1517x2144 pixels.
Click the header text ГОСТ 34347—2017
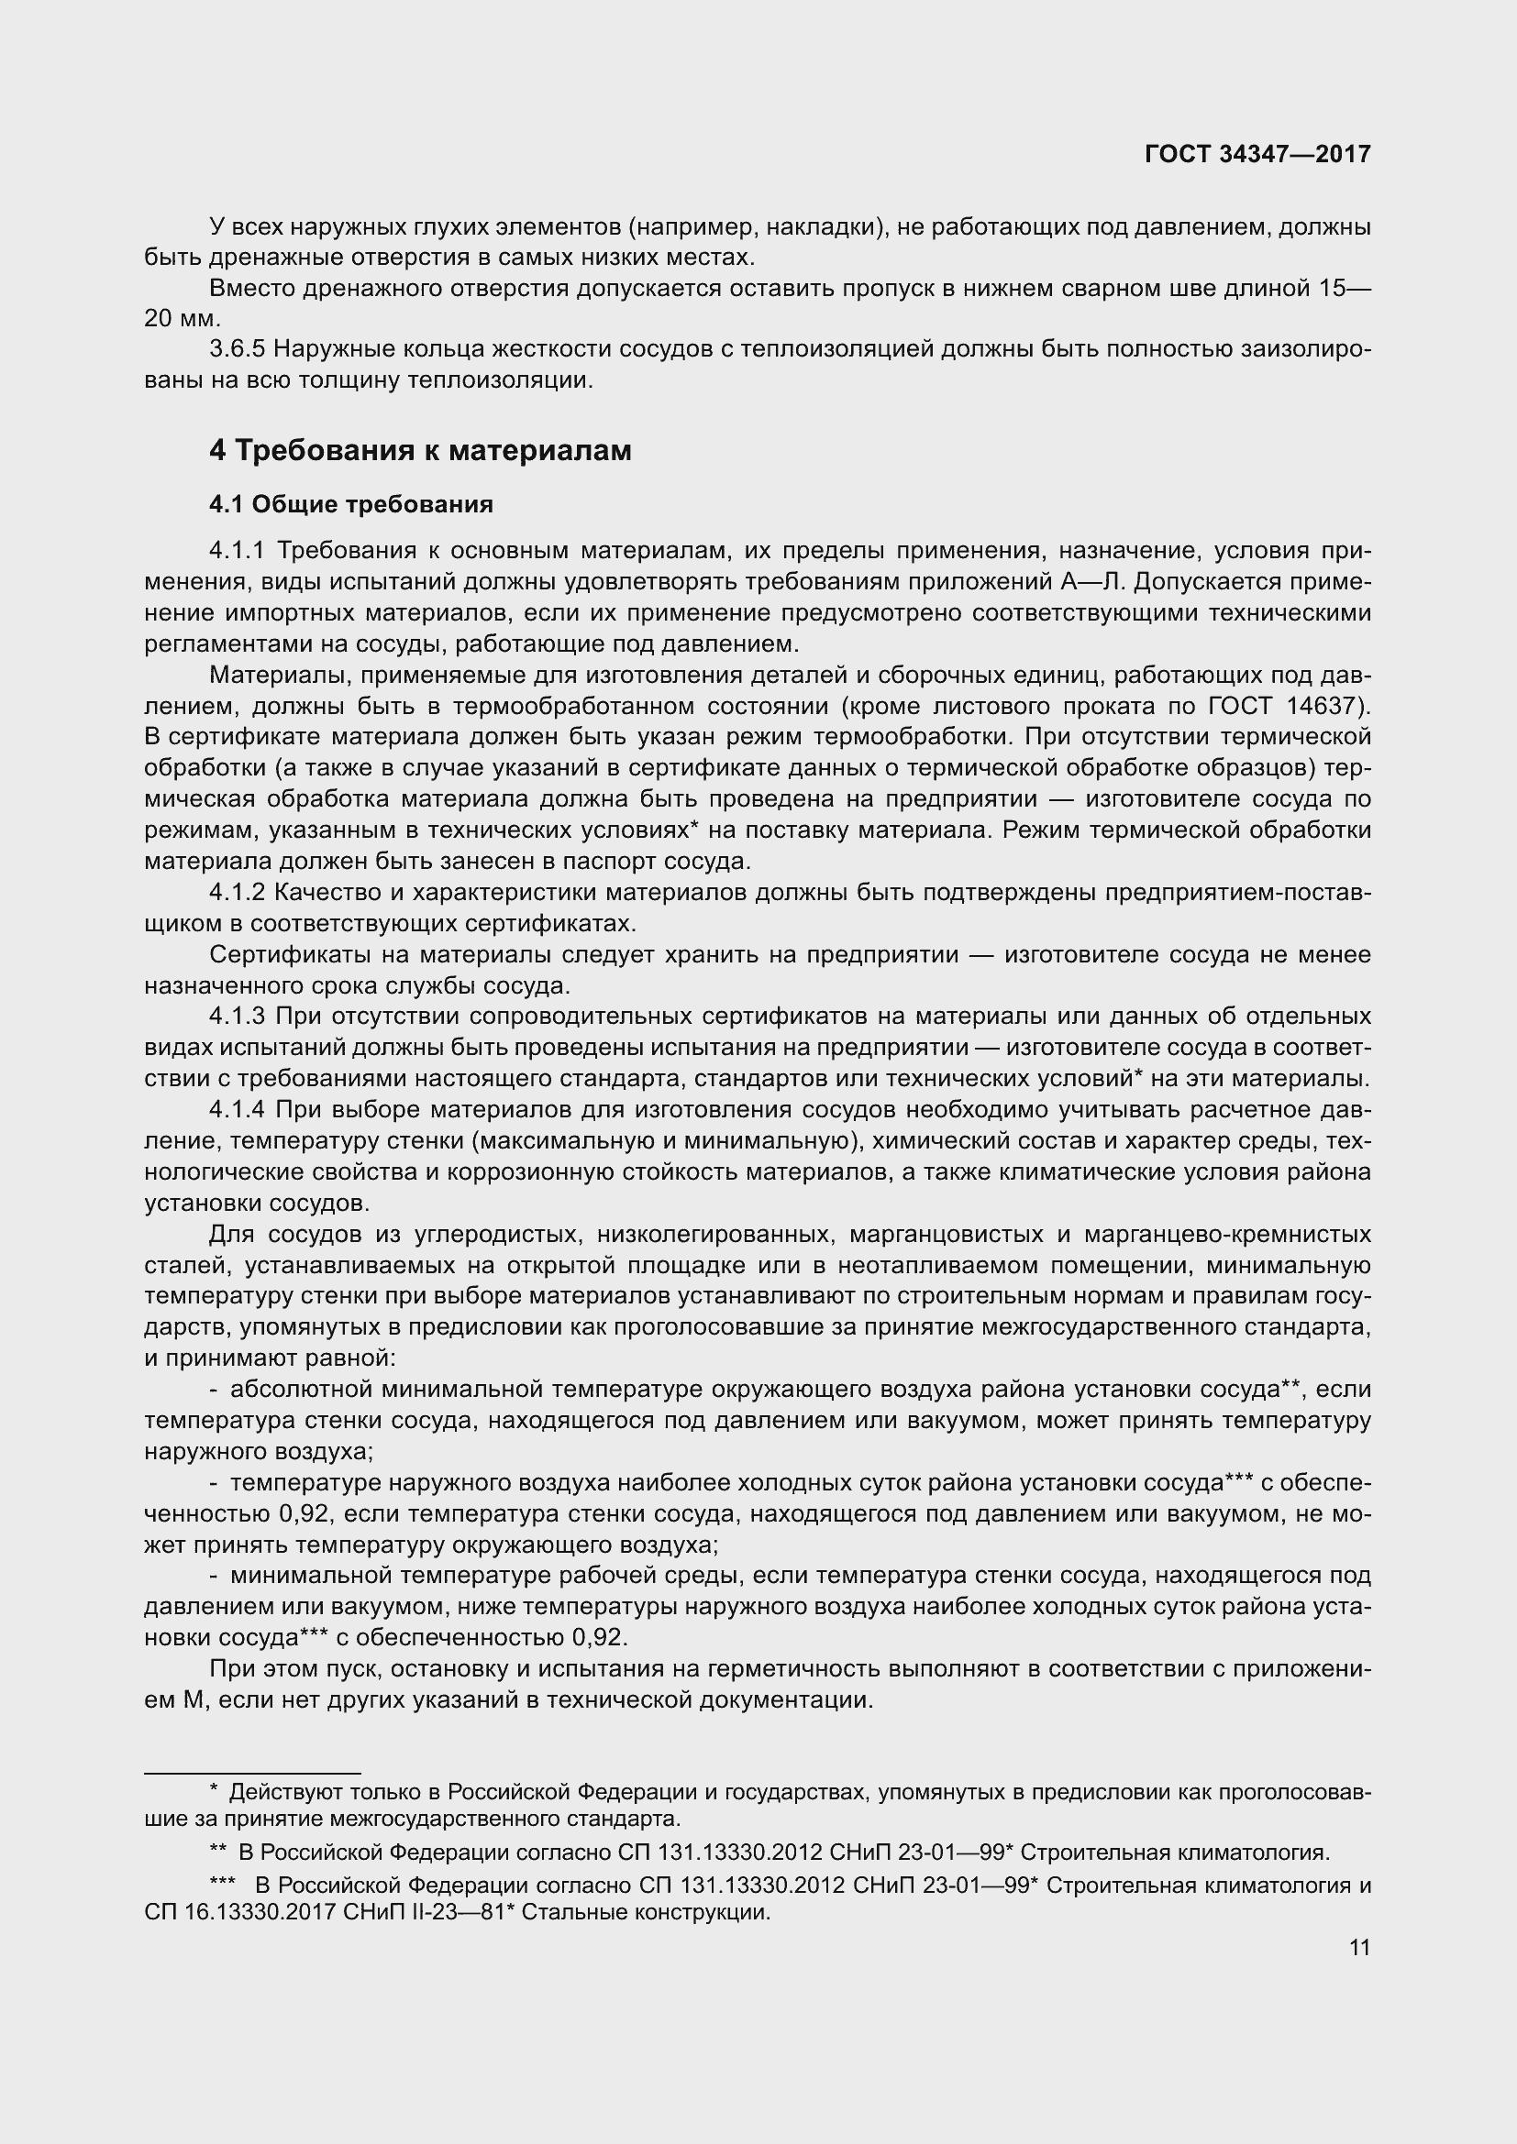(x=1257, y=154)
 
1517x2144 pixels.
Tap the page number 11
(x=1359, y=1947)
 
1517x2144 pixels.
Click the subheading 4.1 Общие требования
(x=351, y=504)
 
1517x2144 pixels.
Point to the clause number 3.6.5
(x=238, y=349)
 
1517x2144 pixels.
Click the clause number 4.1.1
(x=238, y=551)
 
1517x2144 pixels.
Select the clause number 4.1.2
(x=238, y=893)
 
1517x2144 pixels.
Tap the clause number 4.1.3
(x=238, y=1016)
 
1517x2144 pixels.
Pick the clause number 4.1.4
(x=238, y=1109)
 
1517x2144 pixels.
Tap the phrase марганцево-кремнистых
(x=1227, y=1235)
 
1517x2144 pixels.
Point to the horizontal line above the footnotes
(x=252, y=1773)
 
